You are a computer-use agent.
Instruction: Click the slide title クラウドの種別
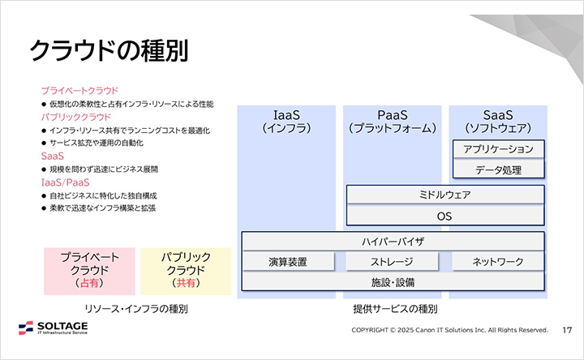(x=109, y=50)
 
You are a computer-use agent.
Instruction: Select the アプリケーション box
(x=498, y=149)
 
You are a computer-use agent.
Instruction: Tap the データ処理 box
(x=498, y=169)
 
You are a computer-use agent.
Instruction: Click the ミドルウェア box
(x=444, y=195)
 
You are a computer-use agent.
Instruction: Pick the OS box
(x=444, y=216)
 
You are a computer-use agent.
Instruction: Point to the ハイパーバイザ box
(x=393, y=242)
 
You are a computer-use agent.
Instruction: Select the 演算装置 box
(x=289, y=262)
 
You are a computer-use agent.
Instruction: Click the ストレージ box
(x=393, y=262)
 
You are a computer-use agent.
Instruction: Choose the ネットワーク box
(x=498, y=262)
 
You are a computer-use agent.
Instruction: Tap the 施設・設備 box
(x=393, y=282)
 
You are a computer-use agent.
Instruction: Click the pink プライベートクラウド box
(x=89, y=270)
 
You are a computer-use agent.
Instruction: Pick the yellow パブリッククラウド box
(x=186, y=270)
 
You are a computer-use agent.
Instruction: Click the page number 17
(x=567, y=330)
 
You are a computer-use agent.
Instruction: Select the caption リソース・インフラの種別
(x=136, y=309)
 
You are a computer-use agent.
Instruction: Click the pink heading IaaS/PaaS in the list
(x=65, y=182)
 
